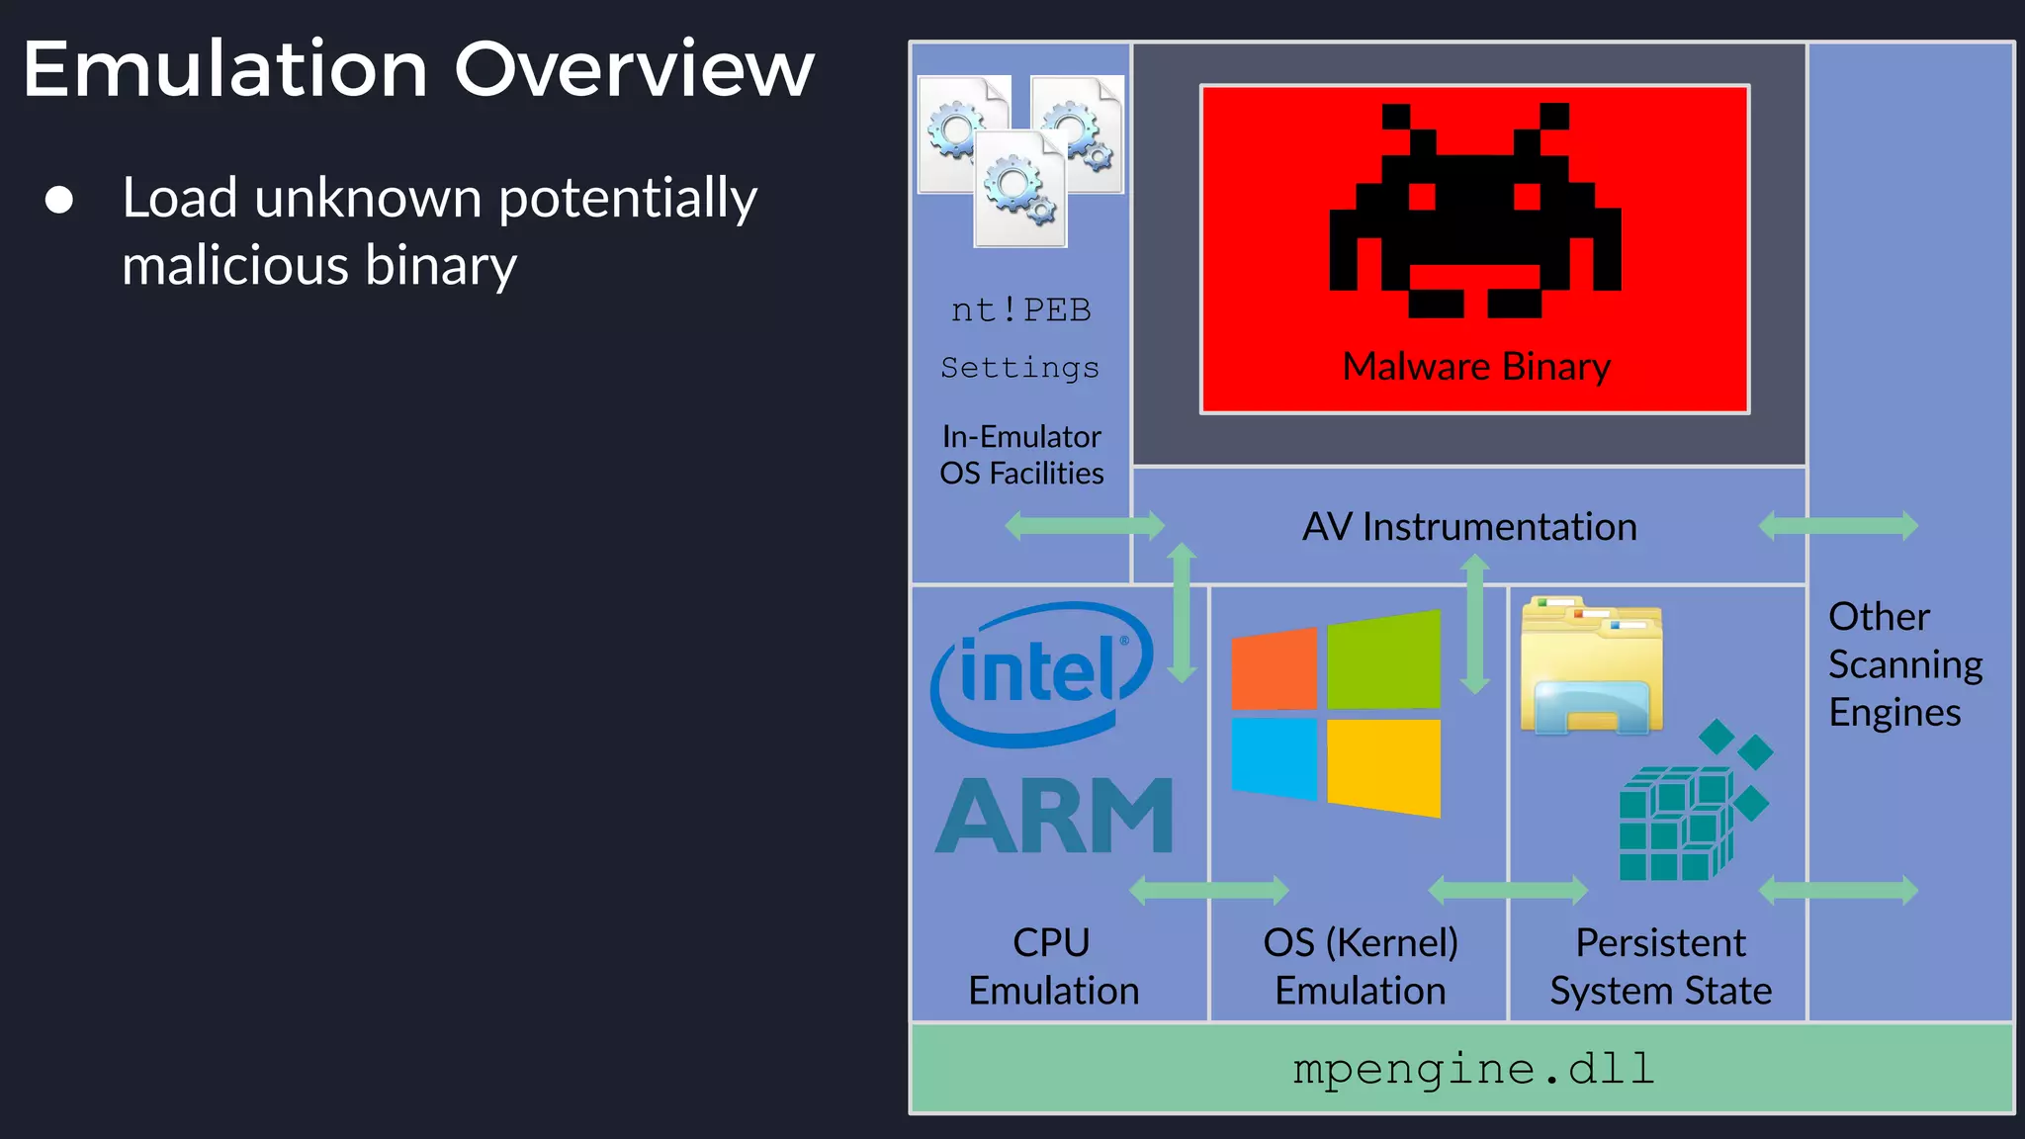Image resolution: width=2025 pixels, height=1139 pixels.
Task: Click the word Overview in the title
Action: coord(633,69)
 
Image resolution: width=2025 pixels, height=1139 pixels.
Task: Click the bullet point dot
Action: coord(59,200)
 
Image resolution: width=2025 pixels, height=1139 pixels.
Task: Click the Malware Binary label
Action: coord(1475,367)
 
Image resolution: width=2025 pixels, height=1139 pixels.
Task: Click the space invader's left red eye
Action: coord(1422,197)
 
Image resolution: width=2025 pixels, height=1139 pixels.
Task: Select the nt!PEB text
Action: coord(1020,310)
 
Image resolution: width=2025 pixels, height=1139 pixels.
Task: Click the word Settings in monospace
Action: coord(1019,368)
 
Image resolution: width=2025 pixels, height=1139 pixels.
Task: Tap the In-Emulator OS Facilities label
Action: coord(1021,455)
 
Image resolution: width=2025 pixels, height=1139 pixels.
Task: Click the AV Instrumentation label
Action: coord(1469,527)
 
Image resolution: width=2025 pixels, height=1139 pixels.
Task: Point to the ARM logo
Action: coord(1054,816)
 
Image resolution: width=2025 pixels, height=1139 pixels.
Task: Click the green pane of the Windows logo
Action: coord(1383,660)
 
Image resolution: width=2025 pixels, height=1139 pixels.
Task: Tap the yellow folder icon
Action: coord(1591,667)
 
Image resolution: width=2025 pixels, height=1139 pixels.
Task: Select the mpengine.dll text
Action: coord(1473,1069)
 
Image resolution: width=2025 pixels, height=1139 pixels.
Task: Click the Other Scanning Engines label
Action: coord(1904,664)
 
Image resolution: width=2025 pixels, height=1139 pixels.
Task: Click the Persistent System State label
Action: coord(1660,967)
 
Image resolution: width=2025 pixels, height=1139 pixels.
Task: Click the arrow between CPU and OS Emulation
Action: coord(1208,890)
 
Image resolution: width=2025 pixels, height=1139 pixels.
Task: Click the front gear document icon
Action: coord(1020,190)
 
